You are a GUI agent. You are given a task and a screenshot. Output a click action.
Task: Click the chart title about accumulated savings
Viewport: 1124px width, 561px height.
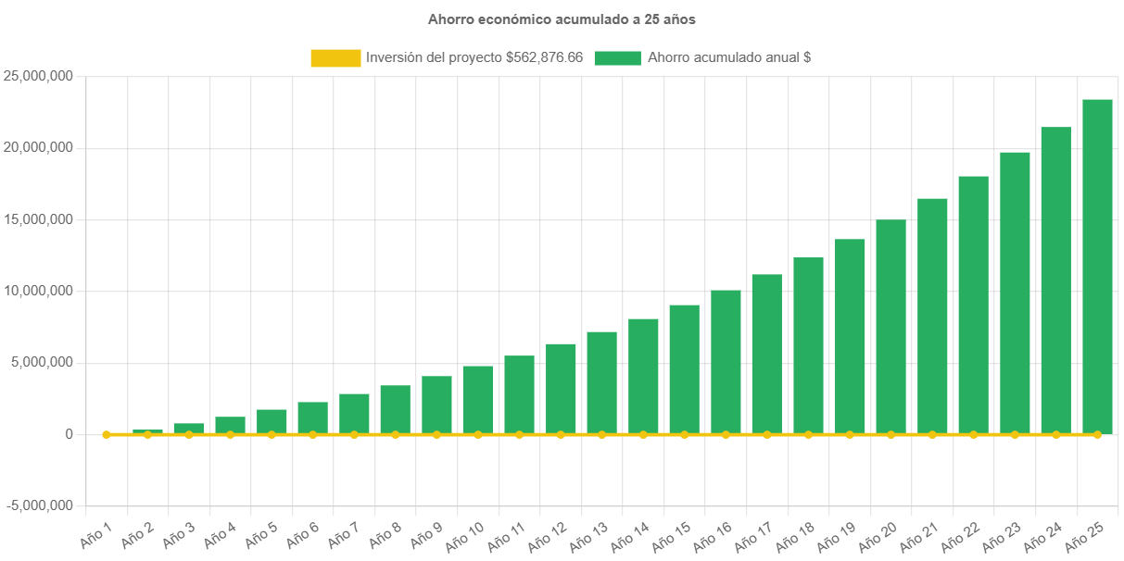coord(562,19)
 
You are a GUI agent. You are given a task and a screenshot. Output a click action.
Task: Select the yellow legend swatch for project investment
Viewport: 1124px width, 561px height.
coord(335,58)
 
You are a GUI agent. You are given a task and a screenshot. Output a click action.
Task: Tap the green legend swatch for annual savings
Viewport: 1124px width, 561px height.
coord(617,58)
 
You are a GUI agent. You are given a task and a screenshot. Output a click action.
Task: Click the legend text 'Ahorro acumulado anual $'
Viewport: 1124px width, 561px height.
coord(729,58)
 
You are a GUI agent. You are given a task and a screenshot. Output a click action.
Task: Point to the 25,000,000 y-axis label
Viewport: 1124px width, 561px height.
coord(38,76)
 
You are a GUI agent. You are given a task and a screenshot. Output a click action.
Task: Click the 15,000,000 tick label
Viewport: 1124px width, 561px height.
coord(38,219)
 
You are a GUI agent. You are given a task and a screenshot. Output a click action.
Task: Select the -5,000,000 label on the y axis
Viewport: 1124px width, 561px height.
coord(40,505)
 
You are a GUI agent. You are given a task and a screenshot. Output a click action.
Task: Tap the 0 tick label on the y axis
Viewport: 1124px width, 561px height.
coord(69,434)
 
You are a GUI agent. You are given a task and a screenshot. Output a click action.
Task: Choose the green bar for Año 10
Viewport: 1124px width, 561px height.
coord(478,399)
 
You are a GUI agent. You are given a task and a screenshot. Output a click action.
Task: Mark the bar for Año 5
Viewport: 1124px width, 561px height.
coord(272,421)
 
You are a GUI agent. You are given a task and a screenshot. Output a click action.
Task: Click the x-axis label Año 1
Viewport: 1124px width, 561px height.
coord(96,533)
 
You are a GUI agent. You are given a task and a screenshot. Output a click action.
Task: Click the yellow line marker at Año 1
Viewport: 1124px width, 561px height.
coord(106,434)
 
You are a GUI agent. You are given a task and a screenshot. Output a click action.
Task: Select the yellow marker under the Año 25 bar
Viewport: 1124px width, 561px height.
coord(1097,434)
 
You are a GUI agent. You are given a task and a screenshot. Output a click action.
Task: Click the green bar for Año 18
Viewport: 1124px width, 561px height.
coord(808,345)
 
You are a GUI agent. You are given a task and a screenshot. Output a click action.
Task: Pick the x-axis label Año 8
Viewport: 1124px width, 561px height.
coord(385,535)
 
